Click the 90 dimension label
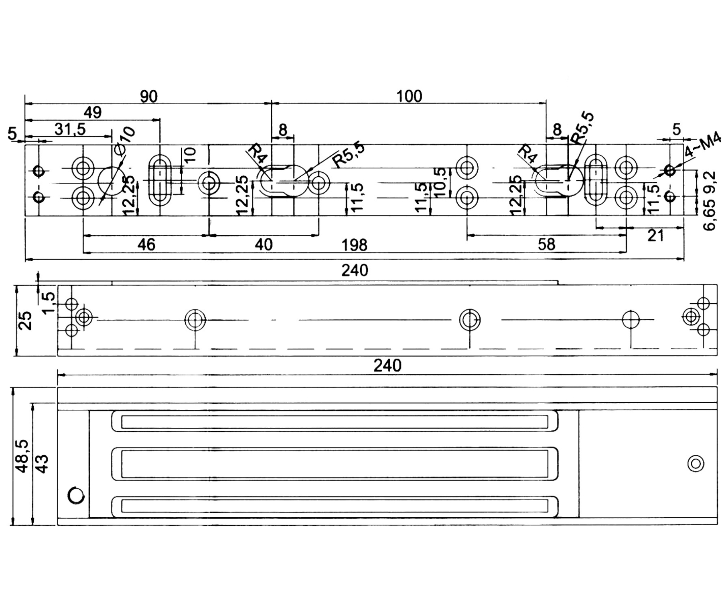pyautogui.click(x=149, y=97)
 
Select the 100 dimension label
pyautogui.click(x=409, y=97)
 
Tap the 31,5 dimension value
pyautogui.click(x=70, y=129)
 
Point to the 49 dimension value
pyautogui.click(x=93, y=113)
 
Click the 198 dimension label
pyautogui.click(x=355, y=245)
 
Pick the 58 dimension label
pyautogui.click(x=546, y=244)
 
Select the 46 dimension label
pyautogui.click(x=146, y=244)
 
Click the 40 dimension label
pyautogui.click(x=264, y=244)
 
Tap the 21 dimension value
pyautogui.click(x=655, y=236)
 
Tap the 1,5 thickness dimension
pyautogui.click(x=49, y=303)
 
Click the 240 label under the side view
pyautogui.click(x=387, y=365)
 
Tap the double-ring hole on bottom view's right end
pyautogui.click(x=696, y=464)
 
